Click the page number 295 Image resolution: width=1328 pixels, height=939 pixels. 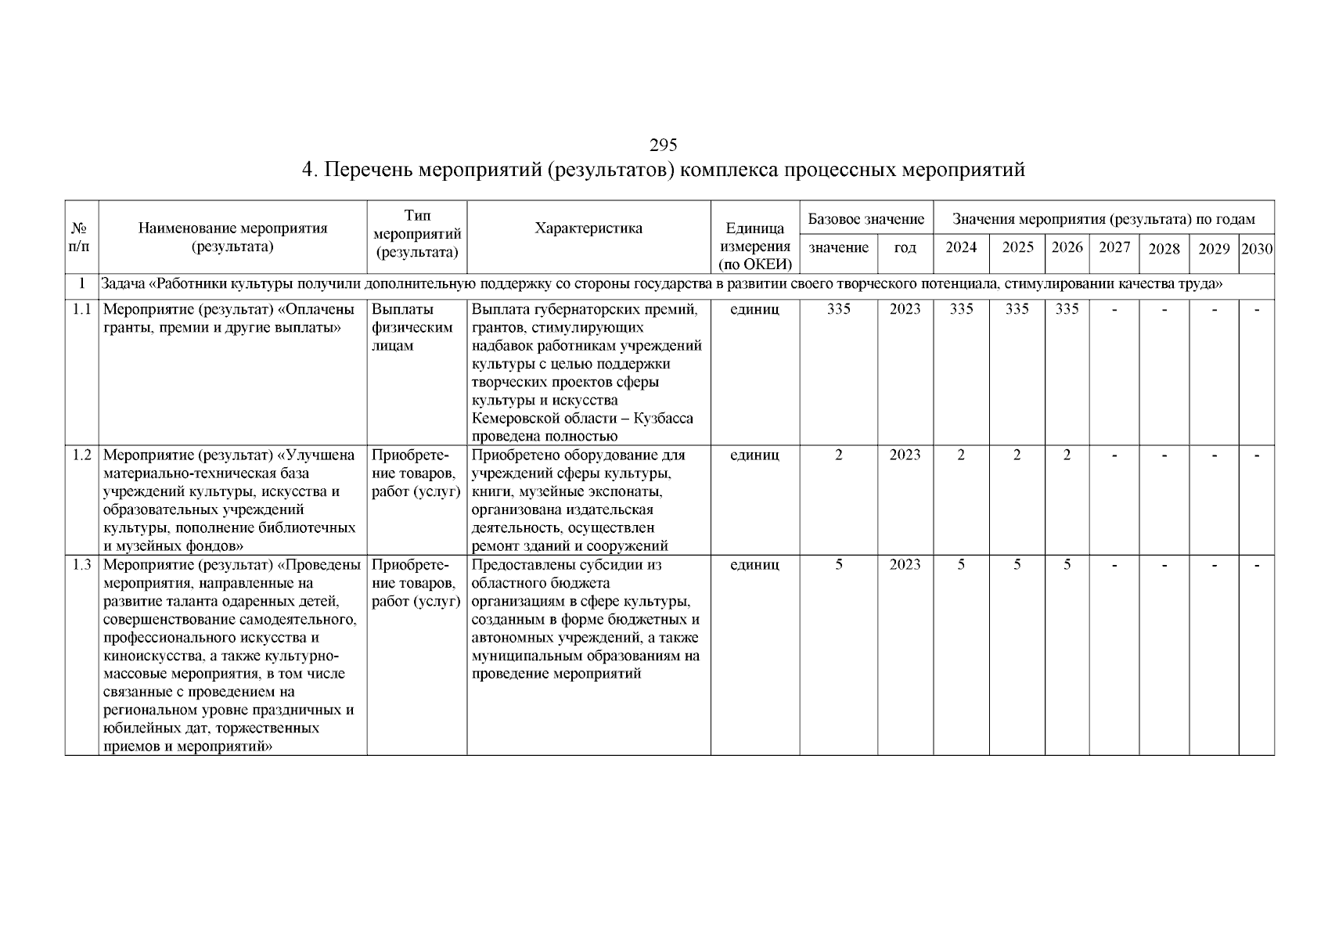point(663,145)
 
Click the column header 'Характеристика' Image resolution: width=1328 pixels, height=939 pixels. point(588,228)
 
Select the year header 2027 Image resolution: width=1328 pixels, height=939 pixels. point(1114,247)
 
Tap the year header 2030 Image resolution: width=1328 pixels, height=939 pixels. point(1257,249)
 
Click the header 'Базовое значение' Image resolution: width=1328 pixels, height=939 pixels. point(866,219)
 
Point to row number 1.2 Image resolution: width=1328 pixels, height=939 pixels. point(82,455)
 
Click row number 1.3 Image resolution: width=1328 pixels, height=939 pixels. point(82,565)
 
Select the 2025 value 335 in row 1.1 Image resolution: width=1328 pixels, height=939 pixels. point(1017,309)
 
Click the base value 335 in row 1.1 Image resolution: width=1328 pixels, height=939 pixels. point(838,309)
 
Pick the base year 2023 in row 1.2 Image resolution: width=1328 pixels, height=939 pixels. point(905,455)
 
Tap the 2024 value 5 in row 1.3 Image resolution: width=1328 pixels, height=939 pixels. point(961,565)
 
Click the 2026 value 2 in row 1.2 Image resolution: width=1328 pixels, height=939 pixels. point(1067,455)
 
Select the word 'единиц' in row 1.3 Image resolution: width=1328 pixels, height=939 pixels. point(754,565)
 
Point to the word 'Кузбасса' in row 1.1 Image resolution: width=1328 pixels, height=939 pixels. point(663,419)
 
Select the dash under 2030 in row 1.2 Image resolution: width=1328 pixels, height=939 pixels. point(1257,455)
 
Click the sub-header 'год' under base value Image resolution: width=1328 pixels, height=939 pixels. point(905,248)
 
